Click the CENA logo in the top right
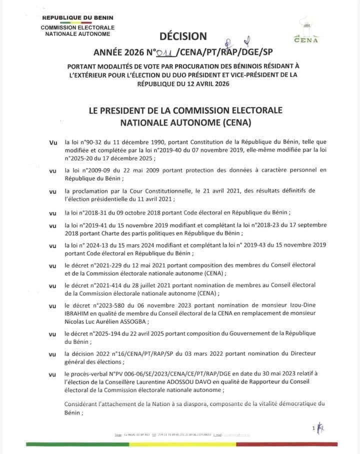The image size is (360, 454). [306, 31]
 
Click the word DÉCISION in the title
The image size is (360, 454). [182, 36]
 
